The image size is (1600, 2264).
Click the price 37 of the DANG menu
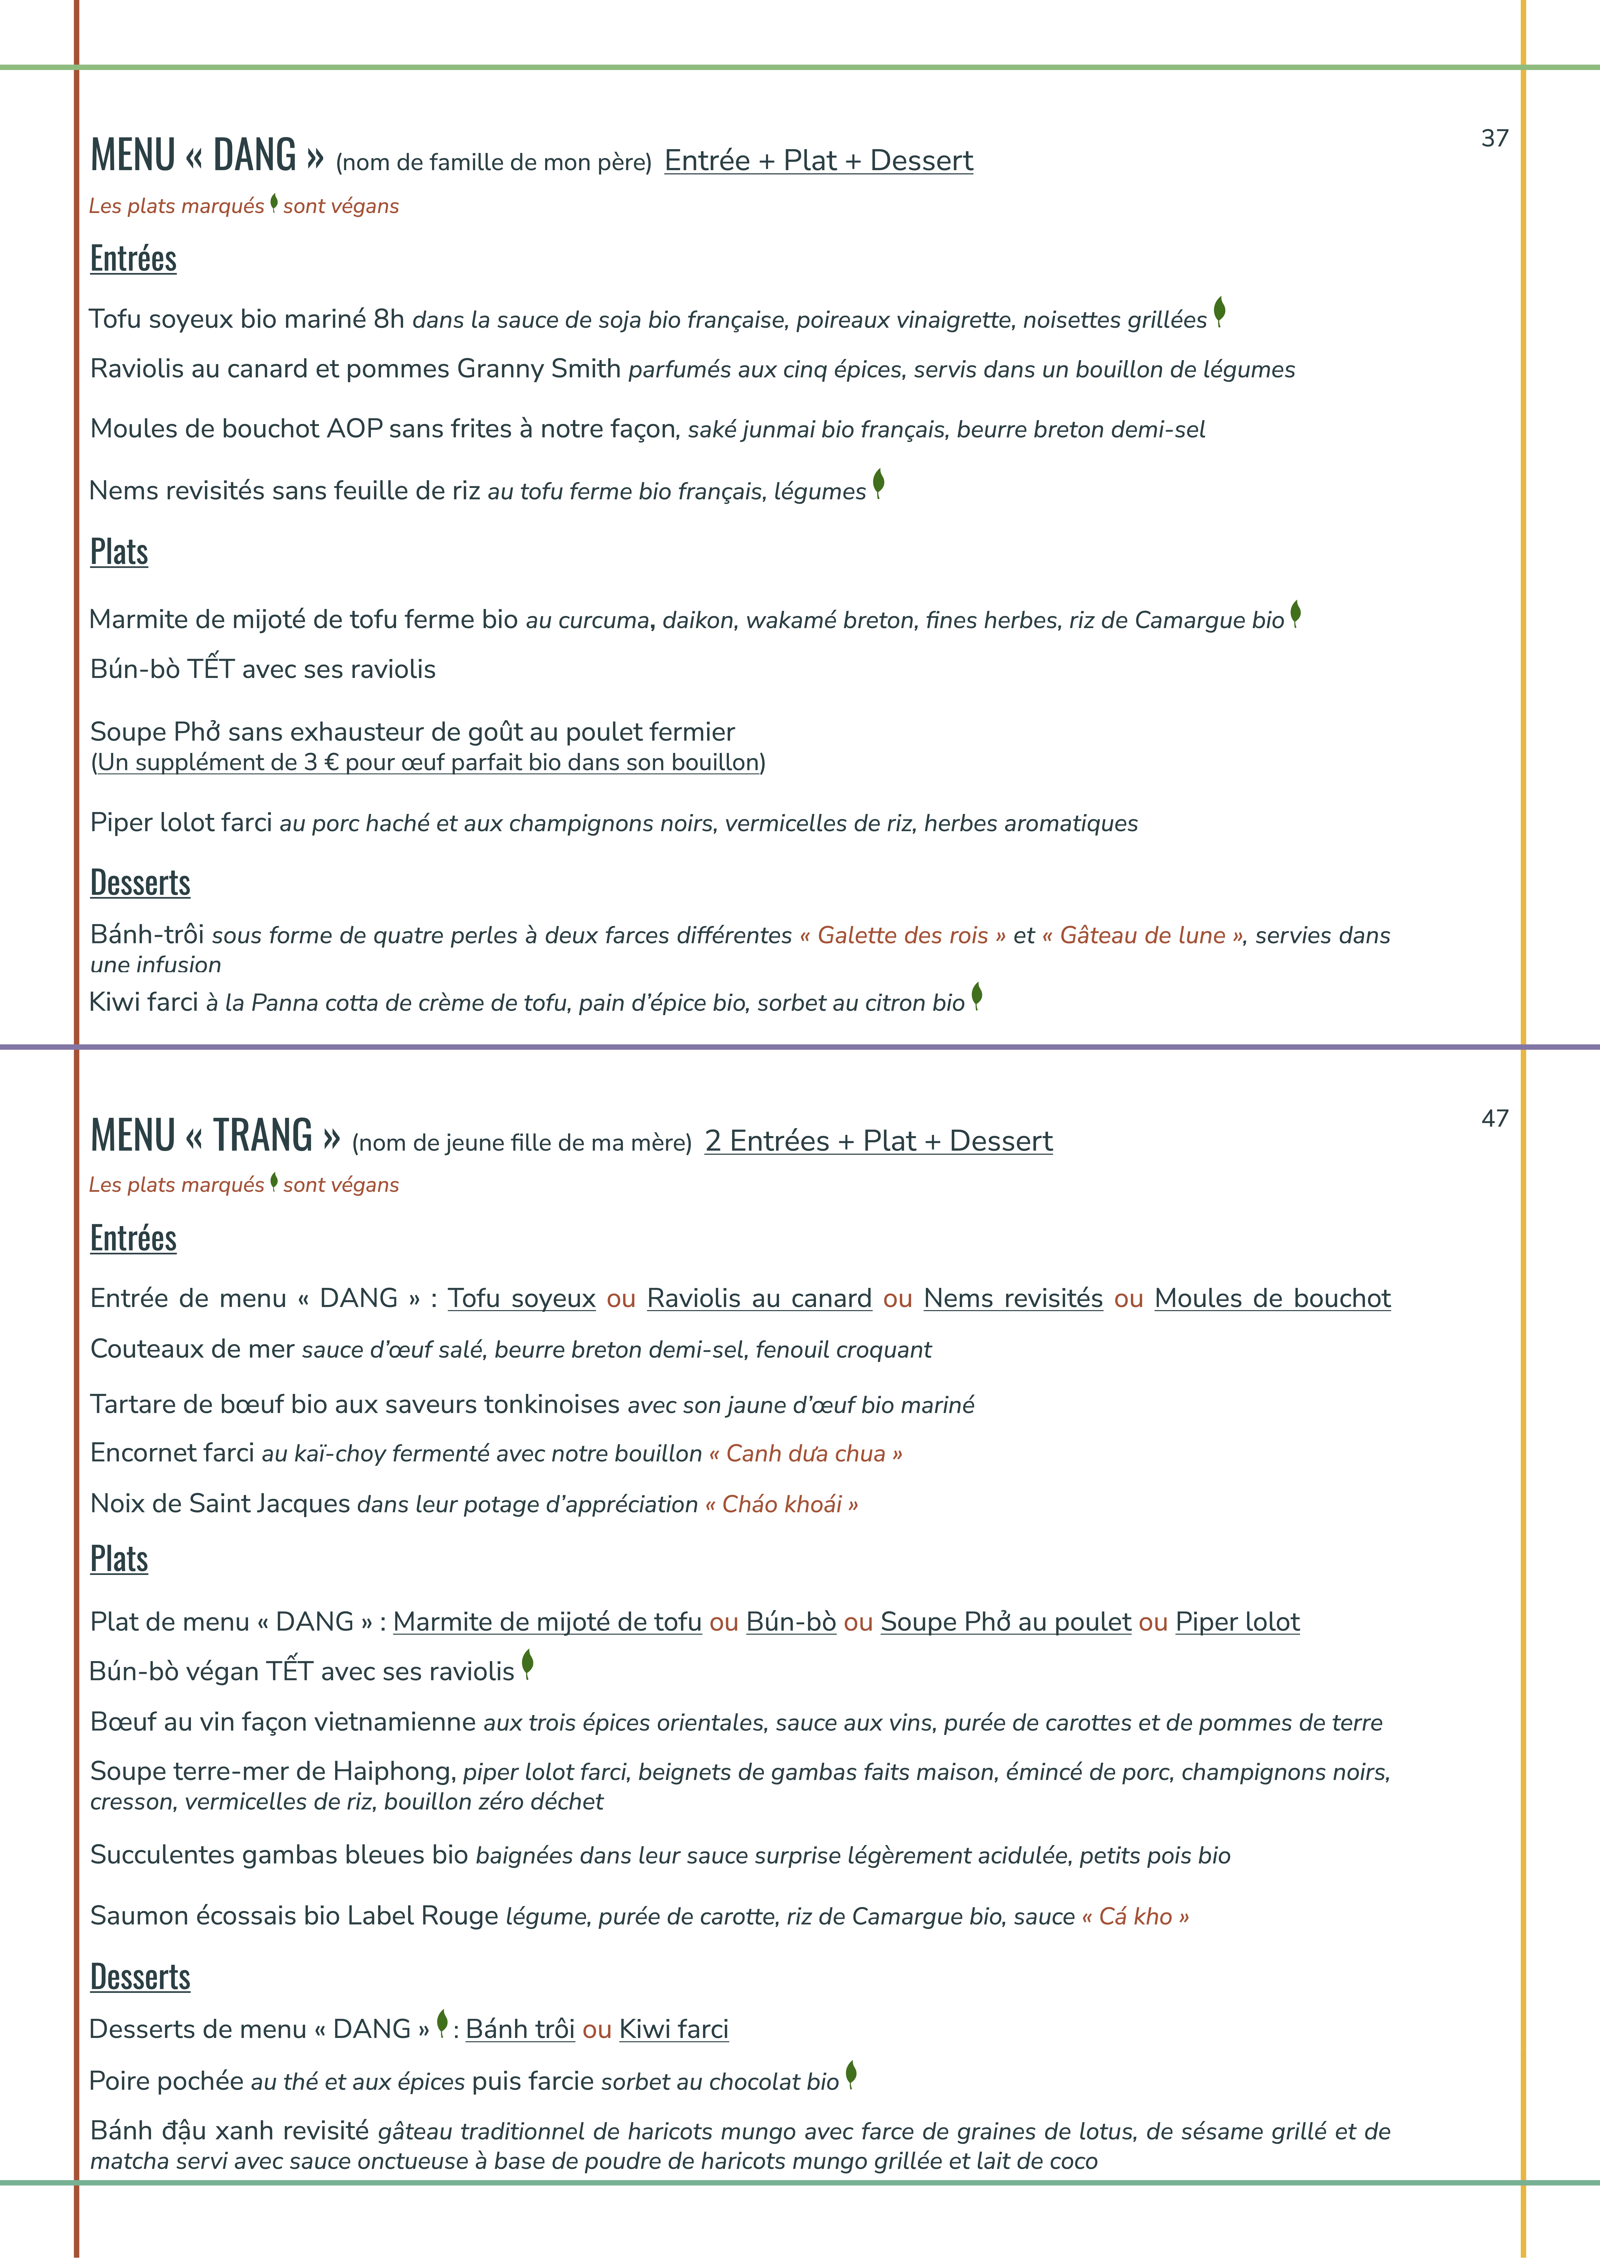point(1495,138)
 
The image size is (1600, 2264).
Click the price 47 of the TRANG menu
point(1495,1118)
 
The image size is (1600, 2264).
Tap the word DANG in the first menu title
point(254,156)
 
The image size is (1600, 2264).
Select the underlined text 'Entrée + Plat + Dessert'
point(818,161)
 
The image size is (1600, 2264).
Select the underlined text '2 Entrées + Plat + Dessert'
point(878,1141)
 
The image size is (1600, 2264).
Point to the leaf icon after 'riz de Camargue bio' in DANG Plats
point(1295,613)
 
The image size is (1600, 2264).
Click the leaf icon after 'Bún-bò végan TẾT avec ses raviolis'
point(527,1664)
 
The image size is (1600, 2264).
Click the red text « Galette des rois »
point(902,936)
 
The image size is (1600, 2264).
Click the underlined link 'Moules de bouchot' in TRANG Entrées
point(1272,1299)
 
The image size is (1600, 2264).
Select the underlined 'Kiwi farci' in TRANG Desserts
point(673,2029)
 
